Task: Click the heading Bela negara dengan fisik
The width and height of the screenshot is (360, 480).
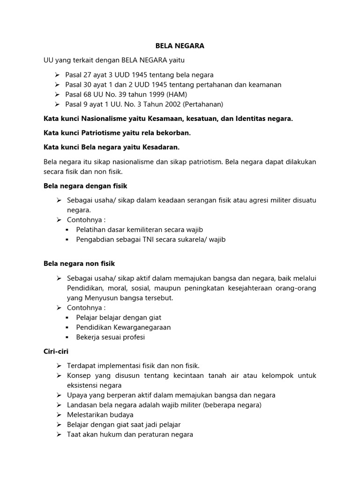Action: pyautogui.click(x=85, y=186)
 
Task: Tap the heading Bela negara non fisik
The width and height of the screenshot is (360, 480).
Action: pyautogui.click(x=79, y=264)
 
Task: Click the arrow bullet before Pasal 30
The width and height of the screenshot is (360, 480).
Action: pyautogui.click(x=57, y=85)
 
